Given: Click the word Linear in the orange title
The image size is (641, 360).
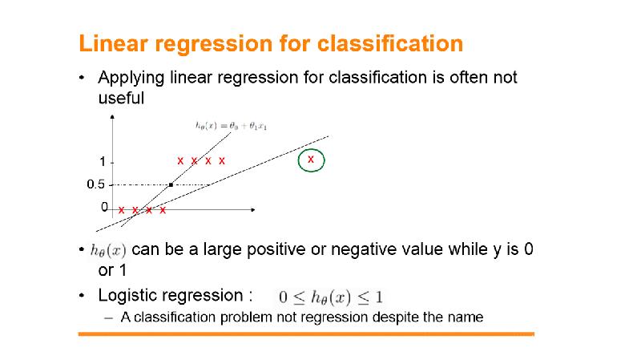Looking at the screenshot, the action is (113, 43).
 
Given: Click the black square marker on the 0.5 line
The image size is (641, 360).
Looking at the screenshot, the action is (171, 185).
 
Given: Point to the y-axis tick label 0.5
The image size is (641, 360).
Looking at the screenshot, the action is (95, 184).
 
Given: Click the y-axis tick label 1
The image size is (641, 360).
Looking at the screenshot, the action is (103, 162).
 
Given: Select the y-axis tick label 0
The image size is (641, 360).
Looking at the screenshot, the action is (105, 208).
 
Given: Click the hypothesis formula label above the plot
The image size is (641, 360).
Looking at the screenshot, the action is (231, 126).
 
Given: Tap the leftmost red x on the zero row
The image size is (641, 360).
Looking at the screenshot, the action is (122, 210).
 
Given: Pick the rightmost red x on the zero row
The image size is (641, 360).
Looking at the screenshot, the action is (163, 210).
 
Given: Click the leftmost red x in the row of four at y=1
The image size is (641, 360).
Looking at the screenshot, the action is (180, 161).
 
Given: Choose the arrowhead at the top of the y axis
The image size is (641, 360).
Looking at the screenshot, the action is (112, 117).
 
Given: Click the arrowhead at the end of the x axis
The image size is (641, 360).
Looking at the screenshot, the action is (253, 210).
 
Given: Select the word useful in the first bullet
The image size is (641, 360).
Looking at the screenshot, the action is (122, 98).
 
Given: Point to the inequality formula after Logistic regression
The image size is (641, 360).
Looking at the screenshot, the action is (331, 297).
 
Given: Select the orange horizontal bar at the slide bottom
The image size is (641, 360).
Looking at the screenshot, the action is (306, 334).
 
